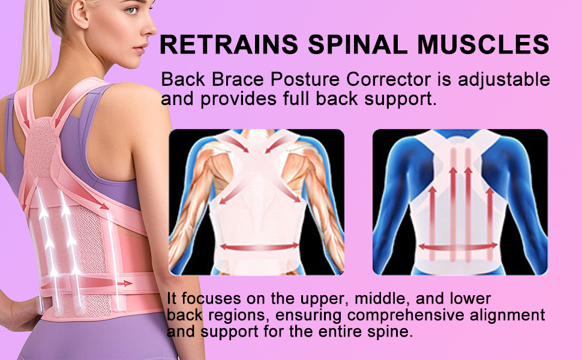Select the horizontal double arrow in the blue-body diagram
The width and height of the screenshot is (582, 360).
[x=459, y=245]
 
